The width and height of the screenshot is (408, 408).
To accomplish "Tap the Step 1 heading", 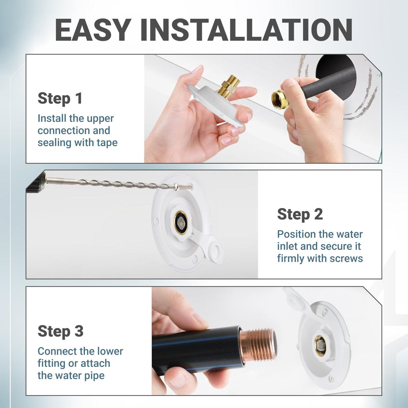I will [60, 98].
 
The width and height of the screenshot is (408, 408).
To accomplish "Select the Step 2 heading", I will [300, 214].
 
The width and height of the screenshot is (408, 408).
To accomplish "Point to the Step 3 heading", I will [60, 331].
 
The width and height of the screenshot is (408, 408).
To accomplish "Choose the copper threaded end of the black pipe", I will [257, 346].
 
